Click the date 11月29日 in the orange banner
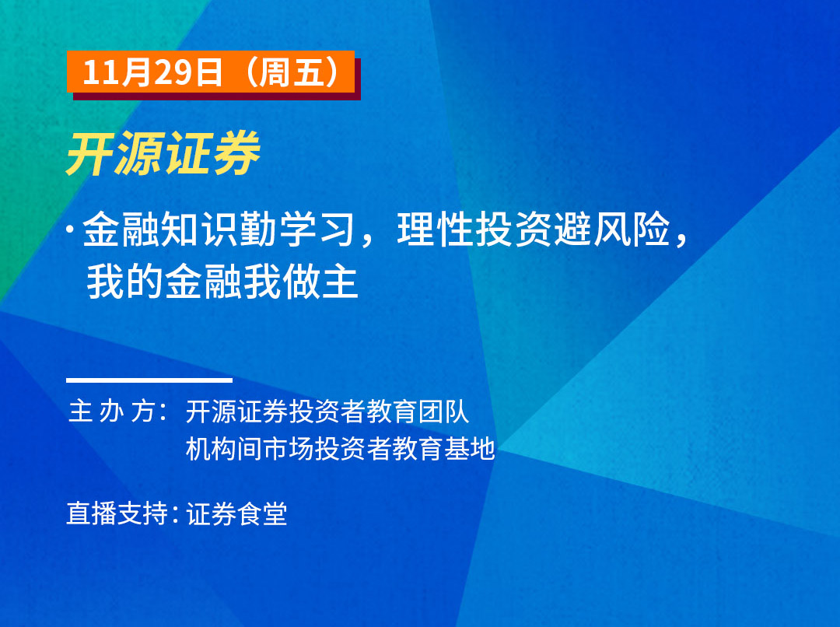pos(152,72)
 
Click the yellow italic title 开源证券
pos(163,154)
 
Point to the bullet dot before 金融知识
pos(70,229)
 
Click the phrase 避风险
pos(612,229)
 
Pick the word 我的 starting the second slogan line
pos(124,282)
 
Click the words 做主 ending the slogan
pos(320,282)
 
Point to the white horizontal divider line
pos(149,380)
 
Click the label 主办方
pos(113,412)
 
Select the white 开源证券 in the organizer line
pos(237,412)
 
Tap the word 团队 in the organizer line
pos(443,412)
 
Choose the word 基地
pos(469,449)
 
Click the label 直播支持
pos(117,514)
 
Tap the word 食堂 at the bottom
pos(263,514)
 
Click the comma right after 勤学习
pos(367,240)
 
